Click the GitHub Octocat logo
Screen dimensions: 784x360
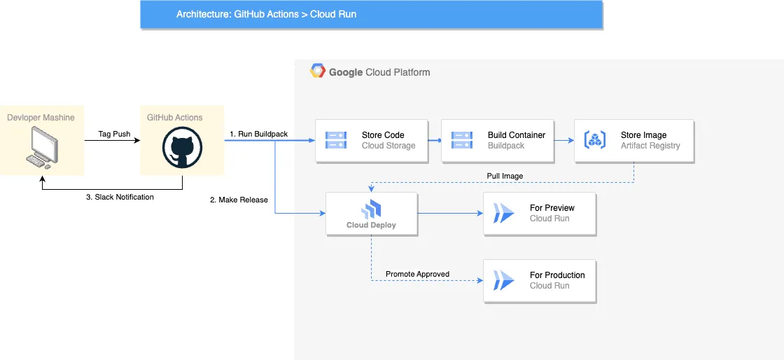point(182,148)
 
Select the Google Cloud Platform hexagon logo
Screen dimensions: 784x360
point(318,71)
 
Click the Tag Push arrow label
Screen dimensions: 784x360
point(115,134)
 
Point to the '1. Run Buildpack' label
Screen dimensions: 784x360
point(258,134)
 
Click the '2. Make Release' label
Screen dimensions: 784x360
point(239,200)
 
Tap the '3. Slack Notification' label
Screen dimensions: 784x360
point(120,197)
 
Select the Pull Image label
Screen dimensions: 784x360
point(505,176)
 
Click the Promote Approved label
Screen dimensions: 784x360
point(417,274)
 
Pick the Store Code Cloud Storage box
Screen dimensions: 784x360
point(372,141)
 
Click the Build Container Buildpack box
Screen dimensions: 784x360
point(498,141)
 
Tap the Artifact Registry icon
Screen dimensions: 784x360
point(595,140)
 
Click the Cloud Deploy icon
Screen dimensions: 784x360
point(372,209)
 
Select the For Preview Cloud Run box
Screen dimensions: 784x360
point(540,214)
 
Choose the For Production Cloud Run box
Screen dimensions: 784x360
point(540,281)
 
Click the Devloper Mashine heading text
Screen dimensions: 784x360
point(41,118)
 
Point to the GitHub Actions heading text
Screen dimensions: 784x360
point(175,118)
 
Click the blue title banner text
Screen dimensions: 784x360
point(267,14)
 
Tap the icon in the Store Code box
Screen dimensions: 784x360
point(336,140)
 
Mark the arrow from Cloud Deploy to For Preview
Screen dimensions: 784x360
point(451,214)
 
